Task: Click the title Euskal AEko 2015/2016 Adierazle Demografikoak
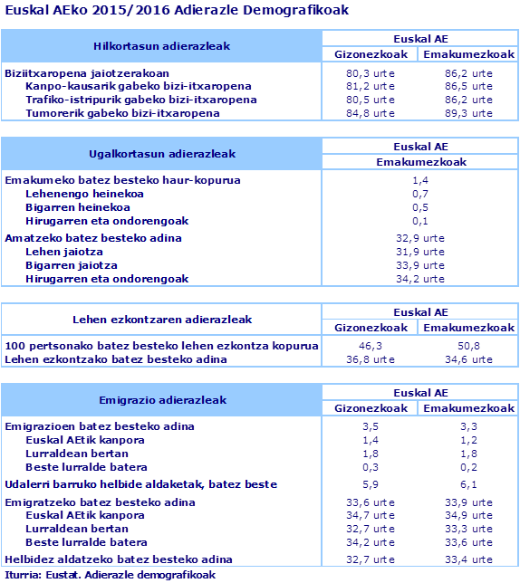point(176,10)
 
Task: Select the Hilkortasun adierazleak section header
point(162,46)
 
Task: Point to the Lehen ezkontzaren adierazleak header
point(162,320)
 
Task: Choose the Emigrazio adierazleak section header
point(162,399)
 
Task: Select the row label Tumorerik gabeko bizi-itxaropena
point(122,113)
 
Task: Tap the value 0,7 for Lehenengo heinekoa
point(419,194)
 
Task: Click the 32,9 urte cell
point(419,238)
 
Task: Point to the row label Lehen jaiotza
point(64,252)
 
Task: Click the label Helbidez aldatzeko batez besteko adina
point(119,559)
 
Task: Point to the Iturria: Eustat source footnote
point(110,574)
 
